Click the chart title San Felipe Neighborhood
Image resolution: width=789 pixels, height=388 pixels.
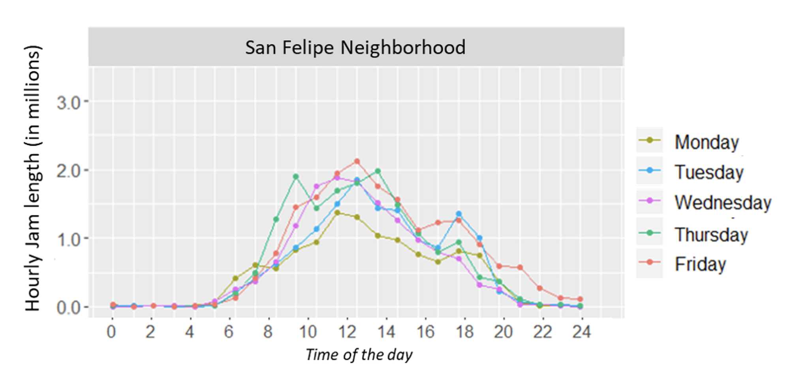[355, 47]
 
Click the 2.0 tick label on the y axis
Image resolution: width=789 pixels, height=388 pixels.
[68, 171]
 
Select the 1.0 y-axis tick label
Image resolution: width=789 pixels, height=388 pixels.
[68, 239]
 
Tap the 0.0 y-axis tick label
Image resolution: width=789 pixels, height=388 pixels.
[68, 307]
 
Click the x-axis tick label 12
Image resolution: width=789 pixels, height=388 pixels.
[347, 331]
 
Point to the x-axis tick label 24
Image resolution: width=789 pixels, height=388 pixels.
[581, 331]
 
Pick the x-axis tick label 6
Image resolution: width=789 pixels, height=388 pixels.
[229, 331]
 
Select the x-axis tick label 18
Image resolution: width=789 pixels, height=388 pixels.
[464, 331]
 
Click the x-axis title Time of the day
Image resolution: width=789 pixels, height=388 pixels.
[359, 354]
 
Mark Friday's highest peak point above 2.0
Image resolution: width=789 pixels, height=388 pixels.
[357, 161]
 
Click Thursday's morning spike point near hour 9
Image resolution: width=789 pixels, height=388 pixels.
[296, 177]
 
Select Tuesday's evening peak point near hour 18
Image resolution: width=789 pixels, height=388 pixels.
[458, 214]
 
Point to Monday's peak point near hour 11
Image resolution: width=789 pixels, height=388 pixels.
[337, 213]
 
